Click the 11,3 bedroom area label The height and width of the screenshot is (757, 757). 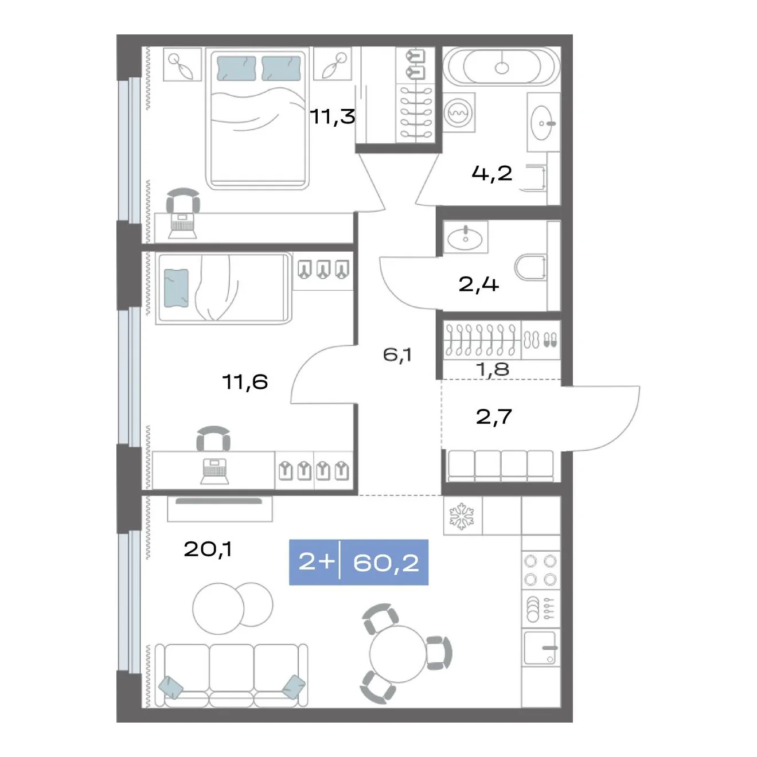coord(333,116)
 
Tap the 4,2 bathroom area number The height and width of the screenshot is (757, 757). coord(492,173)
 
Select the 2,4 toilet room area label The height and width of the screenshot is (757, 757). coord(478,284)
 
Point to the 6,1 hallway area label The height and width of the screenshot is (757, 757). coord(397,355)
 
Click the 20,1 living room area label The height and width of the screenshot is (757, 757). coord(208,549)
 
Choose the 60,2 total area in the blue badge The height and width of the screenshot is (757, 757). coord(386,563)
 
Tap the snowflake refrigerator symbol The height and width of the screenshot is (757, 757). coord(462,516)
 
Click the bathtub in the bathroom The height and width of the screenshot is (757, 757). coord(501,67)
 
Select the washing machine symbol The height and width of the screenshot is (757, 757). coord(458,112)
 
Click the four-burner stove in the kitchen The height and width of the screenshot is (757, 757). coord(541,570)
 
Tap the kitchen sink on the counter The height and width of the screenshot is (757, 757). coord(541,647)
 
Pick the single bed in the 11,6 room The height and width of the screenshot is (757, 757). coord(223,288)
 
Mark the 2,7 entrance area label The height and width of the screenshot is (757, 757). coord(493,416)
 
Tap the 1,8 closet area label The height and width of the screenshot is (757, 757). coord(493,369)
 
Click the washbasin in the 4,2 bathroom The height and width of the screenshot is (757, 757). coord(543,123)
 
